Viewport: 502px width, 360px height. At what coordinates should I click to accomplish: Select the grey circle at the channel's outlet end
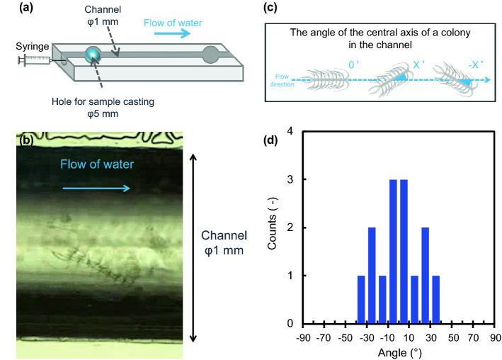(210, 55)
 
